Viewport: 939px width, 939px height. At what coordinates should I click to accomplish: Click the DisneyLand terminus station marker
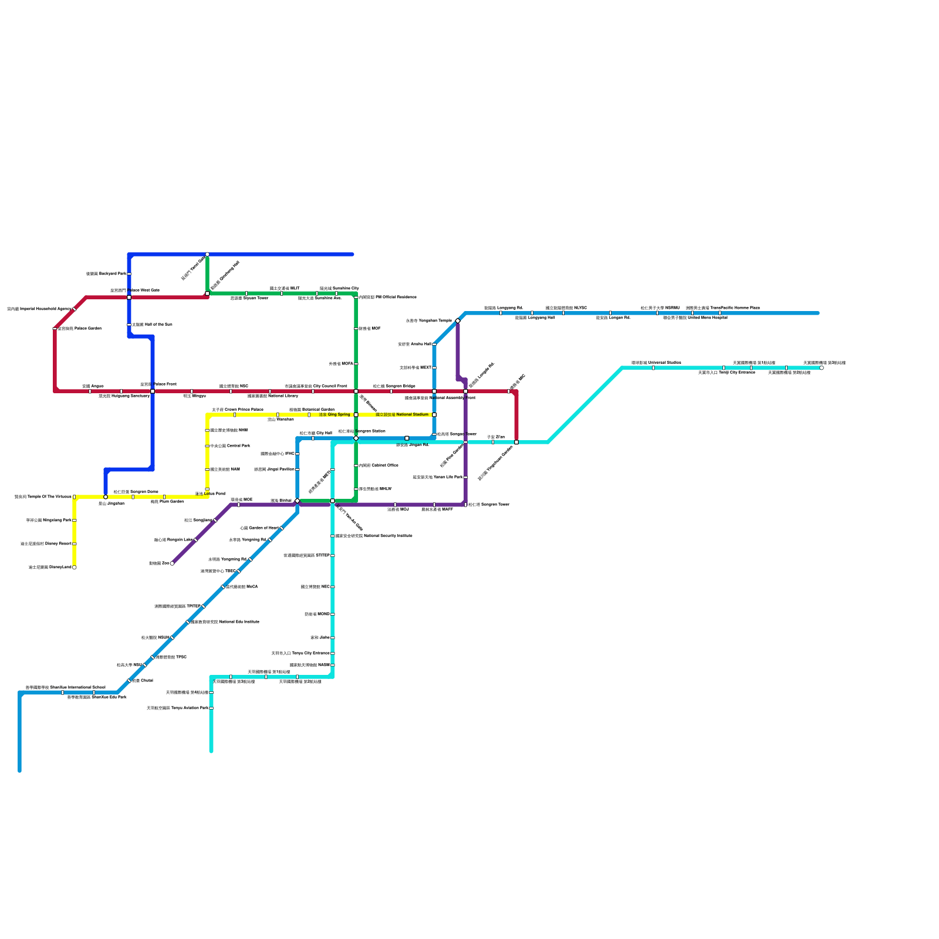pos(74,568)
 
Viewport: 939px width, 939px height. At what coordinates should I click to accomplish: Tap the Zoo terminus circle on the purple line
pos(172,563)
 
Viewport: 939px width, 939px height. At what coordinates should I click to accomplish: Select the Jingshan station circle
pos(106,497)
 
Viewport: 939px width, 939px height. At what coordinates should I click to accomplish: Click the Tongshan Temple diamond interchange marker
pos(458,320)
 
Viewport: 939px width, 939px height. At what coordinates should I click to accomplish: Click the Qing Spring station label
pos(335,414)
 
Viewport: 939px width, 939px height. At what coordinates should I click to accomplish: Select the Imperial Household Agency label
pos(39,309)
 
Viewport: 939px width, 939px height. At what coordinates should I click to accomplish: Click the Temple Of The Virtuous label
pos(43,496)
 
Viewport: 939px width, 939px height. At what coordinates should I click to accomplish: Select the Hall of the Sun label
pos(152,325)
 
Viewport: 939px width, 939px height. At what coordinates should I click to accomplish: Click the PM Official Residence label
pos(387,297)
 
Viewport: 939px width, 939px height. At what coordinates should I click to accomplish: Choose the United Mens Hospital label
pos(695,317)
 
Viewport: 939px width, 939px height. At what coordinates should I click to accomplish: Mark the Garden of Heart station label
pos(259,528)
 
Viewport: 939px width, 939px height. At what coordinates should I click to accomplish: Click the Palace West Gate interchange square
pos(129,297)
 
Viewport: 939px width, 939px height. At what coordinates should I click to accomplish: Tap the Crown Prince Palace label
pos(237,410)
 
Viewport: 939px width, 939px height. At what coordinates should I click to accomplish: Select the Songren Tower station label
pos(488,504)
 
